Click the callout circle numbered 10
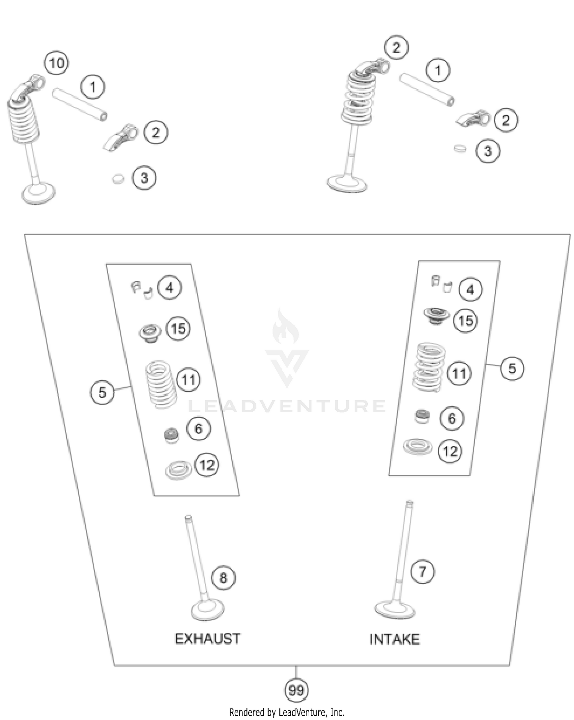point(57,63)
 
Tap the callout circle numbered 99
point(296,691)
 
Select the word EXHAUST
point(207,639)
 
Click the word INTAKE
point(394,639)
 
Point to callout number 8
point(223,577)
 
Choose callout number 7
point(422,572)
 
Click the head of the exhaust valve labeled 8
point(207,609)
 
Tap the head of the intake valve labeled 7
point(395,608)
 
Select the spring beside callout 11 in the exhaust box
point(161,384)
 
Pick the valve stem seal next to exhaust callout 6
point(171,435)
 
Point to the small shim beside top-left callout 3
point(118,179)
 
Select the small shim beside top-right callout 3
point(460,149)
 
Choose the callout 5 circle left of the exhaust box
point(102,393)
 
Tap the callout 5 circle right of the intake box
point(512,368)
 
